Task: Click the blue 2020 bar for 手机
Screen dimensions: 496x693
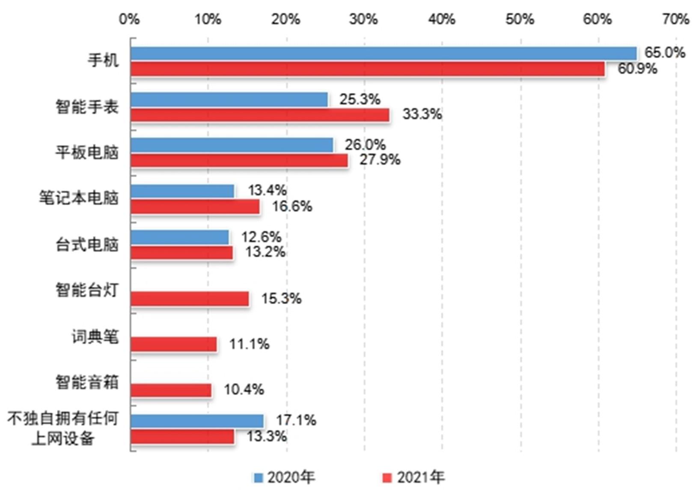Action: (x=383, y=54)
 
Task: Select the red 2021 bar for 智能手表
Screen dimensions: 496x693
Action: (x=260, y=115)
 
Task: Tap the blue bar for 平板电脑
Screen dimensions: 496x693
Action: (x=232, y=145)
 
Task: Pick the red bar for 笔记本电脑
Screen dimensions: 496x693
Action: (x=195, y=206)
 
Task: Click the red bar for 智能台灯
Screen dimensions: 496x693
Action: (x=190, y=299)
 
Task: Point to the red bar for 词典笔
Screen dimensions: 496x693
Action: (x=173, y=344)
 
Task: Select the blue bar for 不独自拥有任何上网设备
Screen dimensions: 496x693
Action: (x=197, y=421)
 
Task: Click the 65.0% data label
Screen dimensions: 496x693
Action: (x=665, y=53)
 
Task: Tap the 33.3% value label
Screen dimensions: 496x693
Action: (x=422, y=114)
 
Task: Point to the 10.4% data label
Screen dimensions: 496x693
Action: (x=244, y=389)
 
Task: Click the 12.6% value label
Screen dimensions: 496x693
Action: (x=261, y=236)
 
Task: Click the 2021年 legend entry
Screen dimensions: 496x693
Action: (x=414, y=477)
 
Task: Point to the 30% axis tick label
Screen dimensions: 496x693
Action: (x=363, y=19)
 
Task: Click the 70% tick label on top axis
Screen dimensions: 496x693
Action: (x=675, y=19)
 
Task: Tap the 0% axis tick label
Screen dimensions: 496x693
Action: (x=129, y=19)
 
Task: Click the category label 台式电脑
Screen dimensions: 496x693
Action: (x=87, y=245)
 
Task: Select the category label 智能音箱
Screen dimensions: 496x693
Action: (x=87, y=382)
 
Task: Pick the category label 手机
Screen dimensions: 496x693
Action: (x=103, y=60)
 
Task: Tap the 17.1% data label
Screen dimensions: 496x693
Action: (x=296, y=420)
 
